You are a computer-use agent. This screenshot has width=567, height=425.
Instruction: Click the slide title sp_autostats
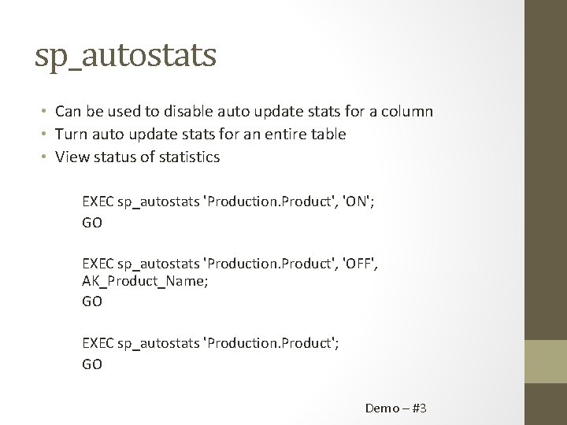[x=126, y=56]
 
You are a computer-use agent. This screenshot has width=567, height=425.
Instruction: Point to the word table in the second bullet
[x=328, y=135]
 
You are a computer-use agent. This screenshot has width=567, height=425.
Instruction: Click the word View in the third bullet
[x=71, y=157]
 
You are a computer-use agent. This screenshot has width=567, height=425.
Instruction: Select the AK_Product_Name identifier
[x=145, y=283]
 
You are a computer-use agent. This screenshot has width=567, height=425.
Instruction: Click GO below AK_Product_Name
[x=92, y=301]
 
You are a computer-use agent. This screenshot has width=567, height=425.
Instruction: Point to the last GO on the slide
[x=92, y=364]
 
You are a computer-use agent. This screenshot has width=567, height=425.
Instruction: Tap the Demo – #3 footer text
[x=395, y=408]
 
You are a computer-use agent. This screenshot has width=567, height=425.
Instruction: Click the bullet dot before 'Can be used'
[x=46, y=112]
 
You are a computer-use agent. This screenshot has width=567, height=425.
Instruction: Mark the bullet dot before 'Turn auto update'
[x=46, y=135]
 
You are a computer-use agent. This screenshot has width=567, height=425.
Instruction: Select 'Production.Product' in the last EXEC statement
[x=268, y=343]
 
